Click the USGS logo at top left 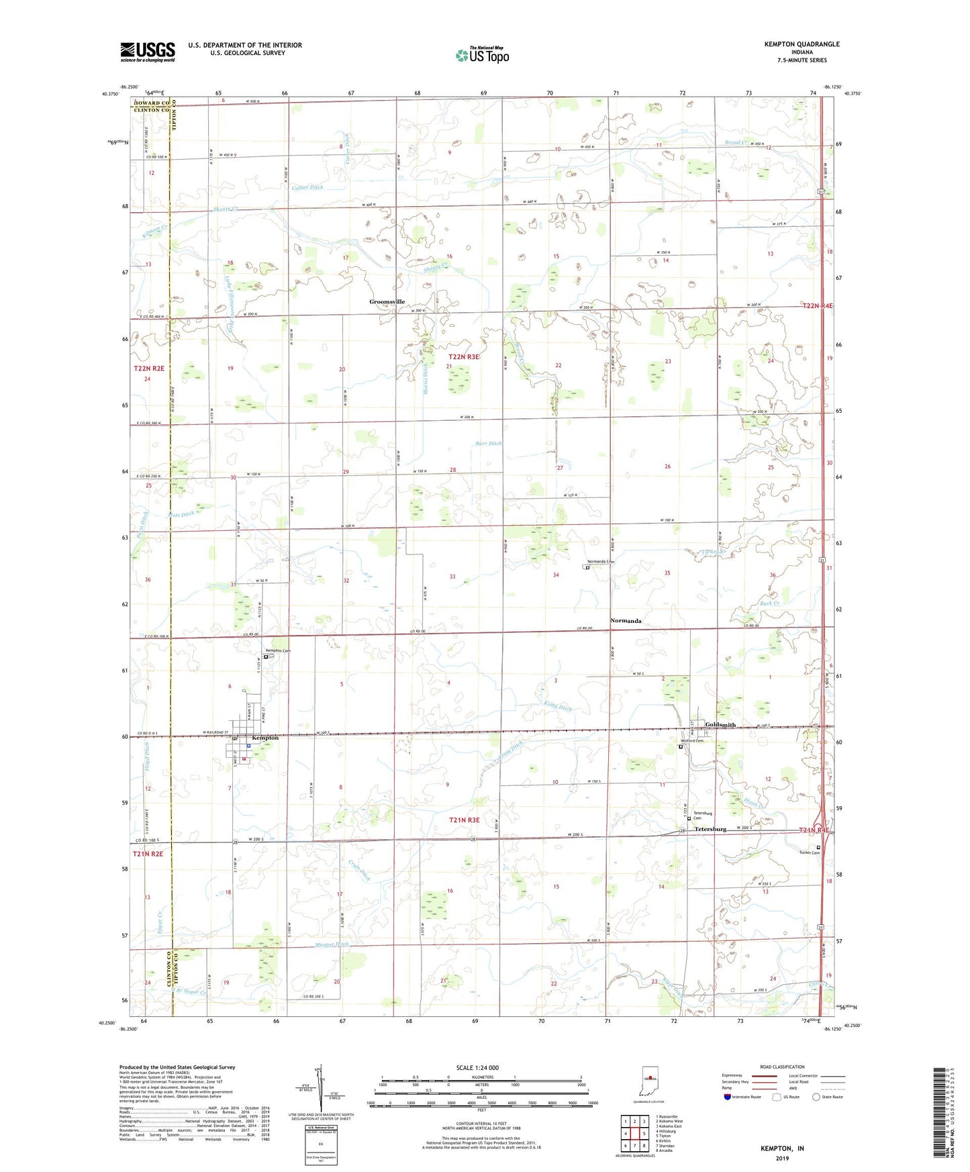[148, 52]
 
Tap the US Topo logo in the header [481, 55]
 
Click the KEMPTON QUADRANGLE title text [802, 44]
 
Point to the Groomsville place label [387, 302]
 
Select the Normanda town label [625, 621]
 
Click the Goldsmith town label [720, 725]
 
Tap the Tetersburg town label [710, 829]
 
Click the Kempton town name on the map [264, 738]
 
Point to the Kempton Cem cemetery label [278, 650]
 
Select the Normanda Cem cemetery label [600, 561]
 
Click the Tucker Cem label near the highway [810, 852]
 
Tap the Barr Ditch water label [488, 444]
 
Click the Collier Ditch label [307, 187]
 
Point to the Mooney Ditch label [332, 944]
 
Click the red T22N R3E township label [464, 357]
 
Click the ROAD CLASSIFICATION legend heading [781, 1067]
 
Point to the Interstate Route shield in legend [728, 1097]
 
